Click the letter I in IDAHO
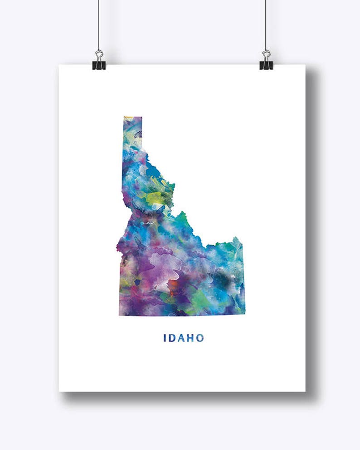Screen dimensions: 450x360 pyautogui.click(x=165, y=338)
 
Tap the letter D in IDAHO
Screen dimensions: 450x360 pyautogui.click(x=173, y=338)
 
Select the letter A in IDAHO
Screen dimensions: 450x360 pyautogui.click(x=182, y=338)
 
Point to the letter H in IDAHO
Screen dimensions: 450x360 pyautogui.click(x=191, y=338)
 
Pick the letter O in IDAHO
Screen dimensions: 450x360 pyautogui.click(x=200, y=338)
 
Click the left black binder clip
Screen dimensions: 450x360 pyautogui.click(x=99, y=65)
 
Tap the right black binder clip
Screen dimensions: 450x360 pyautogui.click(x=266, y=65)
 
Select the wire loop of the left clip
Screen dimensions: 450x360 pyautogui.click(x=99, y=54)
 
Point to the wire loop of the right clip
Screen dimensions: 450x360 pyautogui.click(x=266, y=54)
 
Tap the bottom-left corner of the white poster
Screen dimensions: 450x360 pyautogui.click(x=60, y=390)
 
